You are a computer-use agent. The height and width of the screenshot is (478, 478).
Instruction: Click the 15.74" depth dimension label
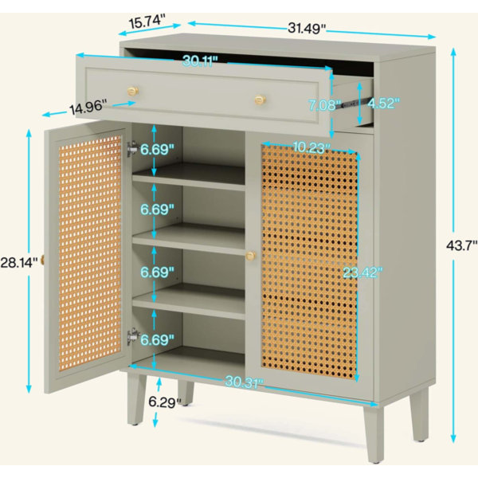(x=147, y=22)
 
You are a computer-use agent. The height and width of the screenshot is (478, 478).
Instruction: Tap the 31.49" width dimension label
(x=307, y=29)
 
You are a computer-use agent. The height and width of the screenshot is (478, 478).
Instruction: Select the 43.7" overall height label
(x=462, y=245)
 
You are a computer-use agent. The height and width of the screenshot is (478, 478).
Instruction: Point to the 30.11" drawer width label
(x=200, y=61)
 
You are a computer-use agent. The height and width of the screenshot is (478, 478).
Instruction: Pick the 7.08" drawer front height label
(x=324, y=105)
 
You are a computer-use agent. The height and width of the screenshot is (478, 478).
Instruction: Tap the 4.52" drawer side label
(x=383, y=104)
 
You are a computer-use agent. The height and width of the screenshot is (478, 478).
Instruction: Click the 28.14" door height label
(x=19, y=262)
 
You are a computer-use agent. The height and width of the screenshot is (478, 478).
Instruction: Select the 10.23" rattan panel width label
(x=311, y=148)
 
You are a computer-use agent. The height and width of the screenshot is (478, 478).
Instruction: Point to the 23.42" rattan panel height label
(x=362, y=272)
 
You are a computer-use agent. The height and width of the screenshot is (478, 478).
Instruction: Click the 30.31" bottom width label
(x=244, y=382)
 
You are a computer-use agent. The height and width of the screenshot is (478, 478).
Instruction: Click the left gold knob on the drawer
(x=133, y=91)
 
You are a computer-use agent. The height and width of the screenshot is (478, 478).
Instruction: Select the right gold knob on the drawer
(x=260, y=99)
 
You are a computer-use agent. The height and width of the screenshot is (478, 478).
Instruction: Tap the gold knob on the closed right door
(x=251, y=256)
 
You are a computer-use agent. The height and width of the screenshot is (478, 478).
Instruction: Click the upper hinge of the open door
(x=132, y=149)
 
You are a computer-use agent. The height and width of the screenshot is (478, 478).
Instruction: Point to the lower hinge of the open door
(x=133, y=336)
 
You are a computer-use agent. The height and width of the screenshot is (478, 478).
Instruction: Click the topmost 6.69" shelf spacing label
(x=157, y=150)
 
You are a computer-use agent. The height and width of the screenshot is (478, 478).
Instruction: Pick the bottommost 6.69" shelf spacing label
(x=157, y=339)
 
